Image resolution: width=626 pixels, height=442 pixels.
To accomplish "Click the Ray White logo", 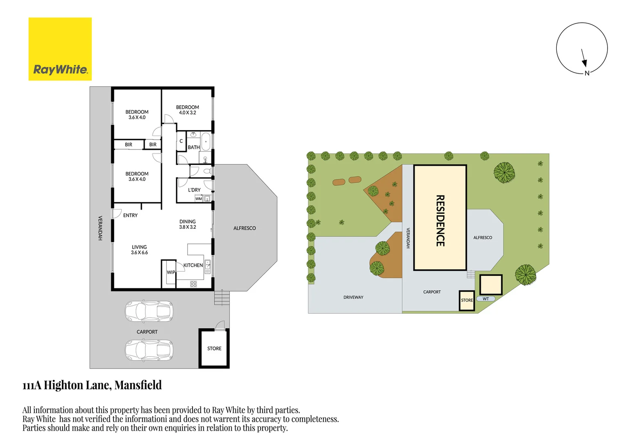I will (x=60, y=49).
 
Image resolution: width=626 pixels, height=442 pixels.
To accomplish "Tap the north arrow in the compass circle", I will (x=583, y=57).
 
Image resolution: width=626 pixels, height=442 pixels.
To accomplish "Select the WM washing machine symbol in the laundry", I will (x=199, y=198).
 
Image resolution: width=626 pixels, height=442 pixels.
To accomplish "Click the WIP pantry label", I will (x=171, y=272).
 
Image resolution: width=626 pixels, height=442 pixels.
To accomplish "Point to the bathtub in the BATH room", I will (x=206, y=142).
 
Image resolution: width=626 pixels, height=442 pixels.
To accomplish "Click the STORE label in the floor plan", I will (x=214, y=349).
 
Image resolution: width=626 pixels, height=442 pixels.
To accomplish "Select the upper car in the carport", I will (x=149, y=311).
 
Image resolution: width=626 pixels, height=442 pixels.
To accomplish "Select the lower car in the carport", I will (x=149, y=350).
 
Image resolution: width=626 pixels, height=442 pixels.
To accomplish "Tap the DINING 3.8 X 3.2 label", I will (x=188, y=224).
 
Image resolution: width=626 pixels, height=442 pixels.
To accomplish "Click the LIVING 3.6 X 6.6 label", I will (x=139, y=250).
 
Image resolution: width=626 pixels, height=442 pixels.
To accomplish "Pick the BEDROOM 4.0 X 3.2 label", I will (x=188, y=110).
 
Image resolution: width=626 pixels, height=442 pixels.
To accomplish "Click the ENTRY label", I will (x=130, y=215).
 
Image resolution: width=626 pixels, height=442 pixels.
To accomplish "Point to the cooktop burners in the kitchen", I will (x=193, y=284).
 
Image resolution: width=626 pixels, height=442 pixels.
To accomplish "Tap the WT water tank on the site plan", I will (x=486, y=299).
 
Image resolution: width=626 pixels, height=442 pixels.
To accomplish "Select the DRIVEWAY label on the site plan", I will (x=353, y=297).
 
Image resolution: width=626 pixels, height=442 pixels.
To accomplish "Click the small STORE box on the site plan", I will (x=467, y=300).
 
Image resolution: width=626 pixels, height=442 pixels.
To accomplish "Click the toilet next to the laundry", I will (x=207, y=171).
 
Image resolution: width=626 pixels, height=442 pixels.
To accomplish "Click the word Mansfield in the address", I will (x=138, y=385).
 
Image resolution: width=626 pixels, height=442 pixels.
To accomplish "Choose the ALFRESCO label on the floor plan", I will (x=245, y=228).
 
